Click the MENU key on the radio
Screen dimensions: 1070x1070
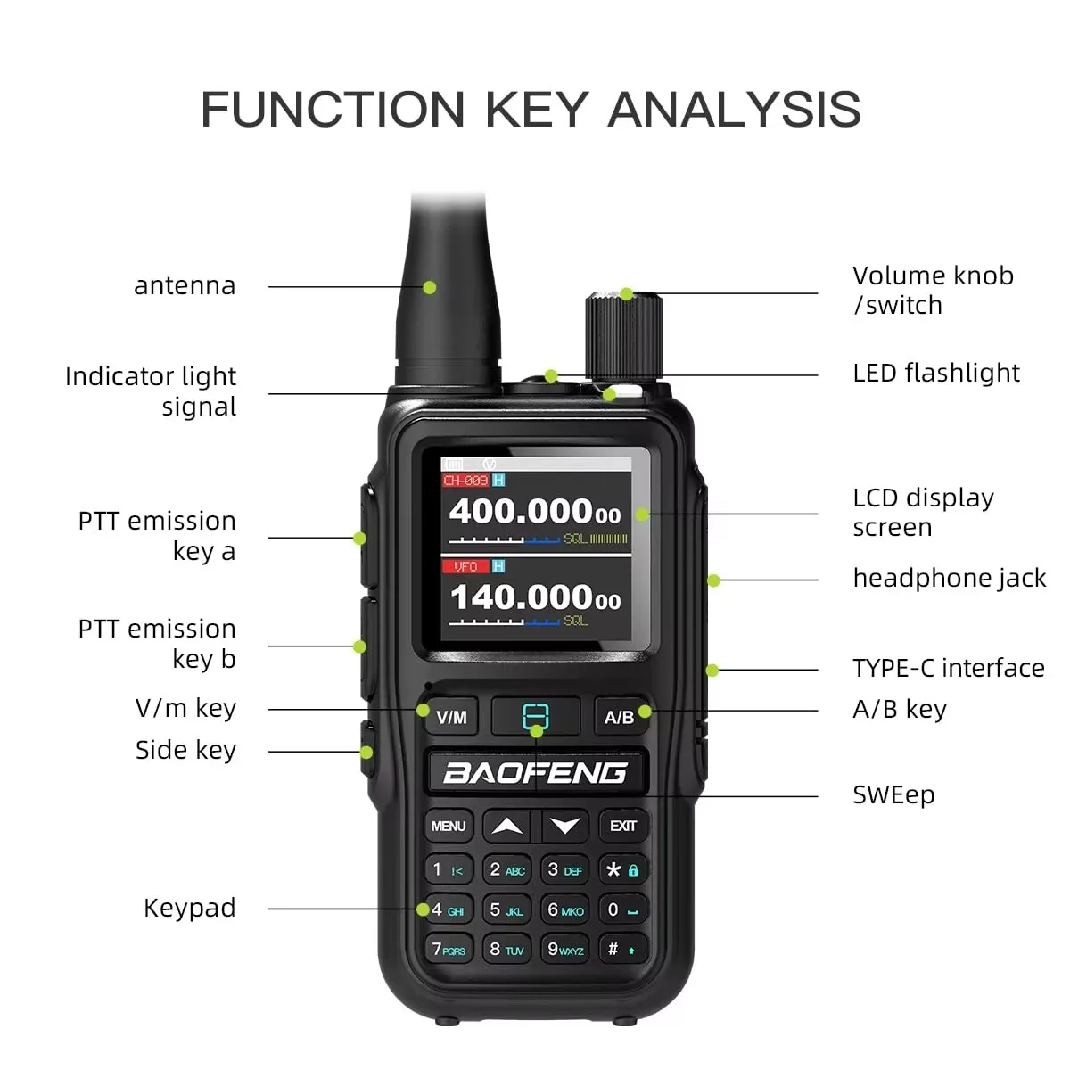[449, 826]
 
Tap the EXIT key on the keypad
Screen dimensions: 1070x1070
[623, 826]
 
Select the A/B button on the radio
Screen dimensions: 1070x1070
[619, 717]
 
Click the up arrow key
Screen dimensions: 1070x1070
[507, 826]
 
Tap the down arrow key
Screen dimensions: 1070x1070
[564, 826]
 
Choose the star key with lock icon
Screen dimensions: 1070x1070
[622, 869]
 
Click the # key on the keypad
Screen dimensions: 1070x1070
[621, 950]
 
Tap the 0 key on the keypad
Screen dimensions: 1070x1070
[622, 909]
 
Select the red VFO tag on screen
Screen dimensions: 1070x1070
[465, 566]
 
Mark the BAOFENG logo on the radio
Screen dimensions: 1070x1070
[535, 773]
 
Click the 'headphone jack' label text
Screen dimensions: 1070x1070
[949, 578]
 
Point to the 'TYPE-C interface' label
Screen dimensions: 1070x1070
[948, 668]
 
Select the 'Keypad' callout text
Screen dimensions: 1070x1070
[190, 908]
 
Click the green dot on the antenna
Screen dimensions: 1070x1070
[430, 287]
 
